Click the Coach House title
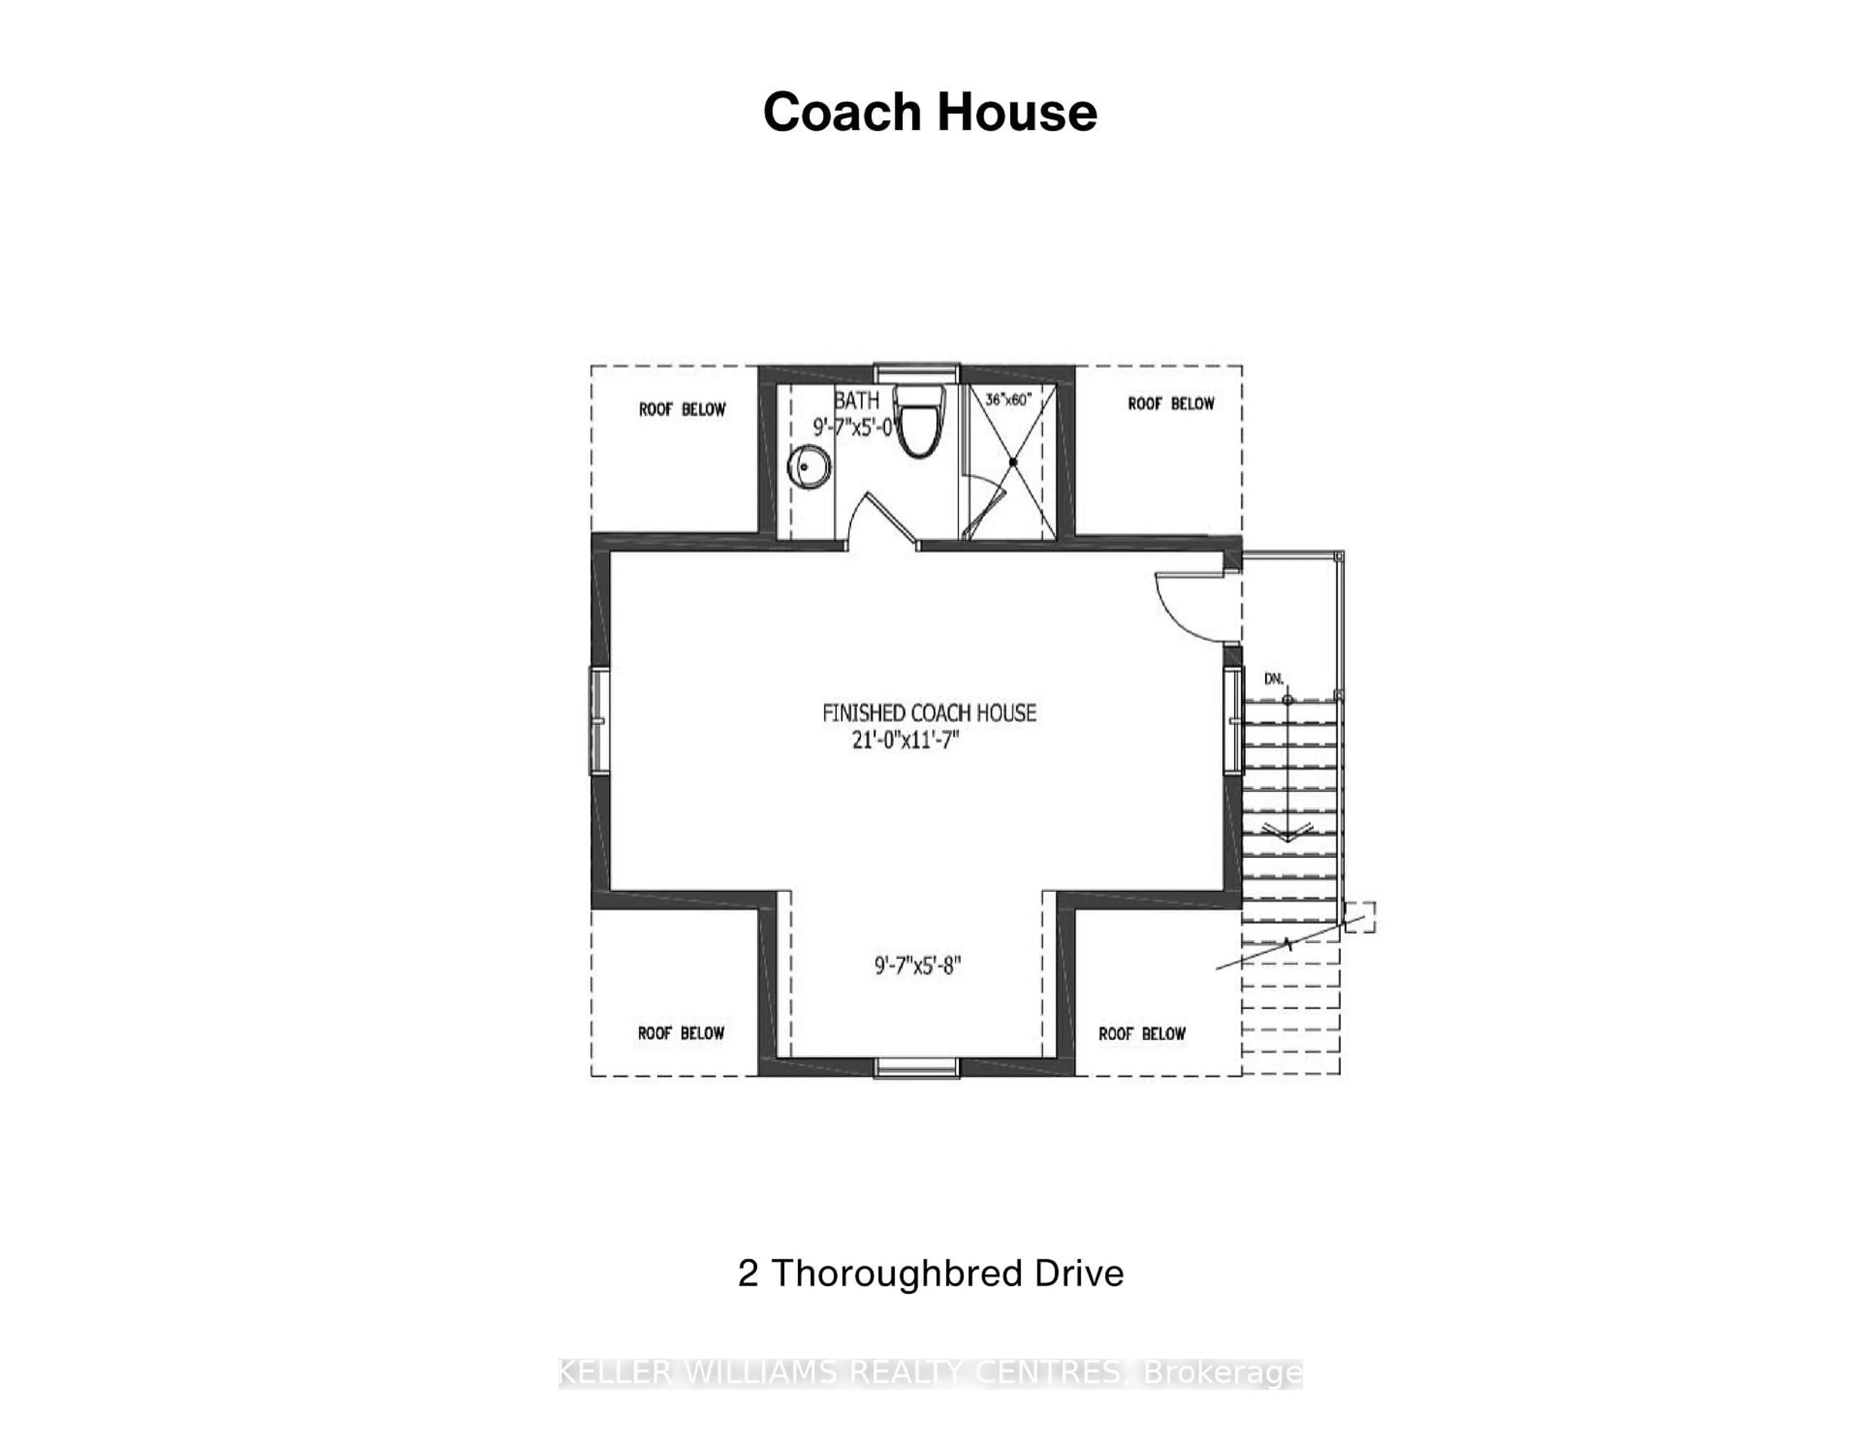click(930, 112)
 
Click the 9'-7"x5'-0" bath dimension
click(855, 427)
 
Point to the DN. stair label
click(1274, 679)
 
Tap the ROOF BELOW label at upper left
click(682, 410)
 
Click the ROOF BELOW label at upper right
click(1171, 404)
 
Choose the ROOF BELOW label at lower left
click(681, 1033)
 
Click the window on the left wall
click(599, 721)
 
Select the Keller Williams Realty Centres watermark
click(930, 1373)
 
